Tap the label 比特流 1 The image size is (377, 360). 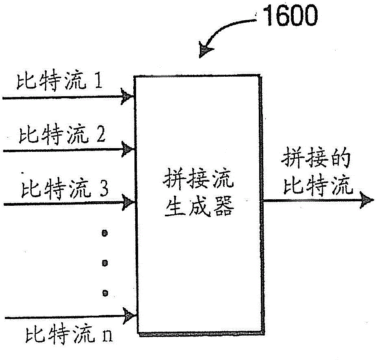[x=58, y=83]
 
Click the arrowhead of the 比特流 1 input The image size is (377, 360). [x=128, y=97]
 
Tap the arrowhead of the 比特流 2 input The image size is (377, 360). [x=128, y=150]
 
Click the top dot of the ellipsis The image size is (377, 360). [x=105, y=233]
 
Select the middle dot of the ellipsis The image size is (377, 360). [x=105, y=263]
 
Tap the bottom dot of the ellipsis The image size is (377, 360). [x=105, y=292]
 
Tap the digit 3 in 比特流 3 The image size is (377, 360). [x=104, y=188]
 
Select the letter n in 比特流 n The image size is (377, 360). [x=108, y=337]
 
